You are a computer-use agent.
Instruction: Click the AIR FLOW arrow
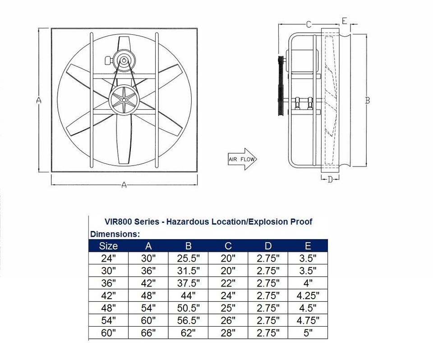[x=241, y=159]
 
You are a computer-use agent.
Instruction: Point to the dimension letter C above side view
[x=309, y=25]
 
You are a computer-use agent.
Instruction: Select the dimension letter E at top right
[x=344, y=21]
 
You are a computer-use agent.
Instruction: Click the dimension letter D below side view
[x=331, y=180]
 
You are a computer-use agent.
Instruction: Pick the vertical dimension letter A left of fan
[x=39, y=101]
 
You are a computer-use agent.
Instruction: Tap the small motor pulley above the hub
[x=123, y=60]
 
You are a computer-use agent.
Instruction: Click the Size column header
[x=108, y=246]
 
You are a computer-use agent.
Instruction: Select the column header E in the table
[x=308, y=246]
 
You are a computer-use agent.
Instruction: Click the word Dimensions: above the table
[x=115, y=234]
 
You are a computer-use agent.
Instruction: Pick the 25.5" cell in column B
[x=189, y=258]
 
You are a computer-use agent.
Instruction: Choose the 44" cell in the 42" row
[x=189, y=296]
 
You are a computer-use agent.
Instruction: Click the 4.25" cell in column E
[x=308, y=296]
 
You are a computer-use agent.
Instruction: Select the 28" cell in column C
[x=228, y=333]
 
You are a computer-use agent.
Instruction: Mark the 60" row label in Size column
[x=108, y=333]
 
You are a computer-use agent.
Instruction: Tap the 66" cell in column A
[x=148, y=333]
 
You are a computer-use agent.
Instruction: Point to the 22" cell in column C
[x=228, y=283]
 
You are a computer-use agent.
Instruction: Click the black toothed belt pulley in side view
[x=281, y=86]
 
